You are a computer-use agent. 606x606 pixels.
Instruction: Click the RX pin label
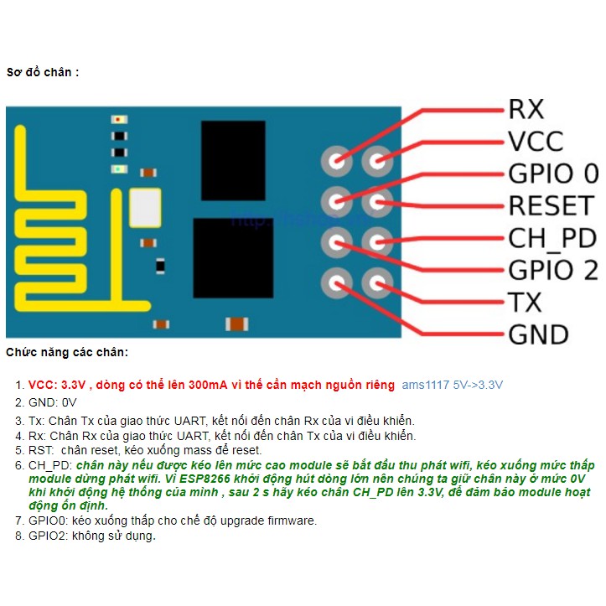click(526, 109)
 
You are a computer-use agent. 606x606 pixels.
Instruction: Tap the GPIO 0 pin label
click(553, 174)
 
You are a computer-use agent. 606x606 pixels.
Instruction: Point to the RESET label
click(551, 205)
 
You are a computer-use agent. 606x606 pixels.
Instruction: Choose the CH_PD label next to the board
click(552, 238)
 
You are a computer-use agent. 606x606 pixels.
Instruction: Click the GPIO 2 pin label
click(553, 270)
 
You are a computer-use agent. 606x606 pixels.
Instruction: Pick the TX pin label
click(525, 303)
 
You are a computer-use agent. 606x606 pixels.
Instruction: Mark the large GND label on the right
click(538, 334)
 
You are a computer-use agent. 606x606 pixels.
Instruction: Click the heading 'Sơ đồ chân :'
click(43, 72)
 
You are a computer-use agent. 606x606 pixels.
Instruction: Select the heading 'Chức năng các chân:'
click(67, 353)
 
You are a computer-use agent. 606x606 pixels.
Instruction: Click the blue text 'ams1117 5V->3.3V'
click(453, 385)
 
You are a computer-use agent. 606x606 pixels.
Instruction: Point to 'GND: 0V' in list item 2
click(52, 401)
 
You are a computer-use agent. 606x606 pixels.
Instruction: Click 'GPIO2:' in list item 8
click(48, 536)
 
